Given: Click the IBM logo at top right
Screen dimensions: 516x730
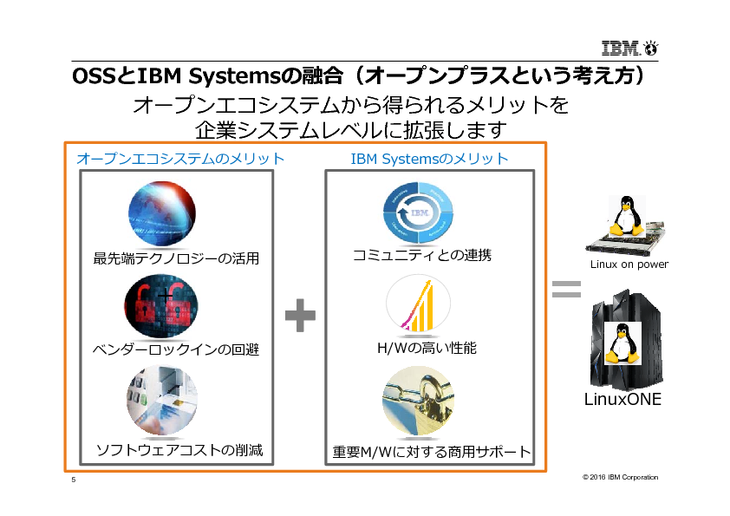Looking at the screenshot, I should [x=627, y=48].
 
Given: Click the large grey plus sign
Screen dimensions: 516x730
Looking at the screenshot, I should [x=300, y=315].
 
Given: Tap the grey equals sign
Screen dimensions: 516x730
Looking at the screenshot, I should [x=565, y=290].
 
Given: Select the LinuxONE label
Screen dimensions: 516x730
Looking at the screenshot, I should [x=622, y=400].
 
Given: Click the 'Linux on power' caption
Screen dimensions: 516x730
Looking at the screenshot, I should [x=629, y=265].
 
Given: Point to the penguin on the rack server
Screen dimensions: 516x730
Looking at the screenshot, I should [x=622, y=215].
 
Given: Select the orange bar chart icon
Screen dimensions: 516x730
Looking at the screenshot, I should [x=418, y=306].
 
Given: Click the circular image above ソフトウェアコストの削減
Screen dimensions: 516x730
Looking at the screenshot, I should [x=161, y=400].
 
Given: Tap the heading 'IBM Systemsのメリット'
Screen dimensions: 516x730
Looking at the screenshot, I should [x=429, y=159].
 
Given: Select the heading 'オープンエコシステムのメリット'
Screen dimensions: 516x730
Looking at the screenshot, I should [x=180, y=159].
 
